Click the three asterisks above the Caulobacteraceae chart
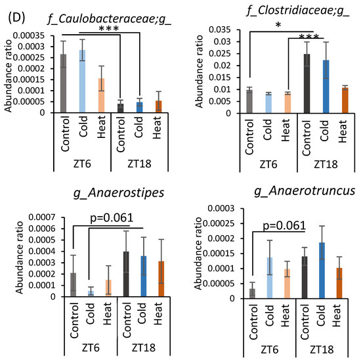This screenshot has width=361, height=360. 106,30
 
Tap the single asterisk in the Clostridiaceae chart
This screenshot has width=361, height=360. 280,24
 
